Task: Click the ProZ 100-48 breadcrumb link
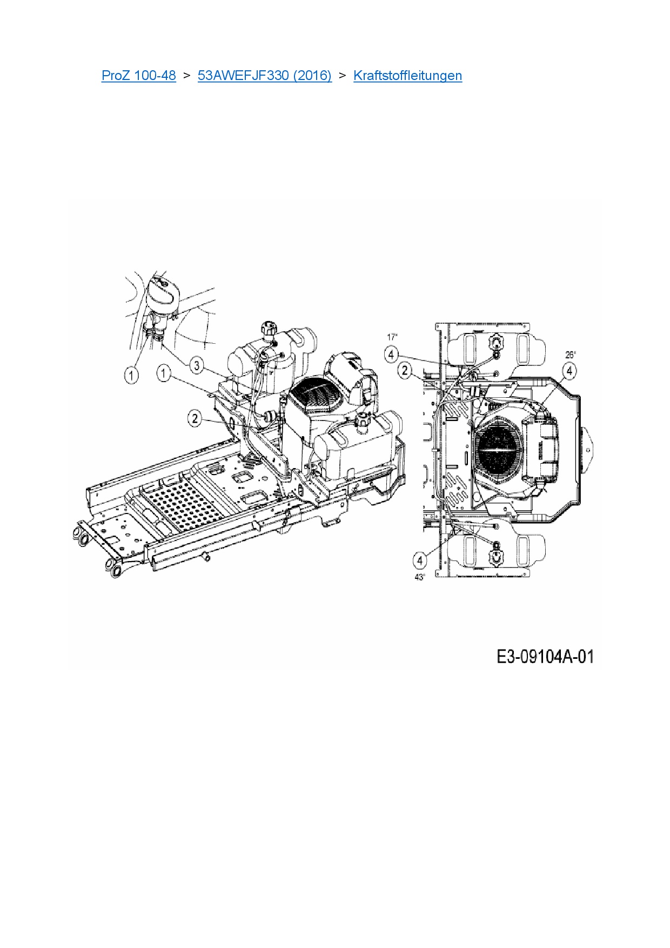point(139,75)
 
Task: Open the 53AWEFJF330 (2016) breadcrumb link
point(265,75)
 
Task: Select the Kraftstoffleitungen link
point(407,75)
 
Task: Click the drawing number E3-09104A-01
point(545,657)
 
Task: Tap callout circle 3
point(197,366)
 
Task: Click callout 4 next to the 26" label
point(569,371)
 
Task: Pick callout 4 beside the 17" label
point(391,355)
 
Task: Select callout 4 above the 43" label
point(420,560)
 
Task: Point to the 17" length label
point(392,337)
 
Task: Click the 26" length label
point(571,355)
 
